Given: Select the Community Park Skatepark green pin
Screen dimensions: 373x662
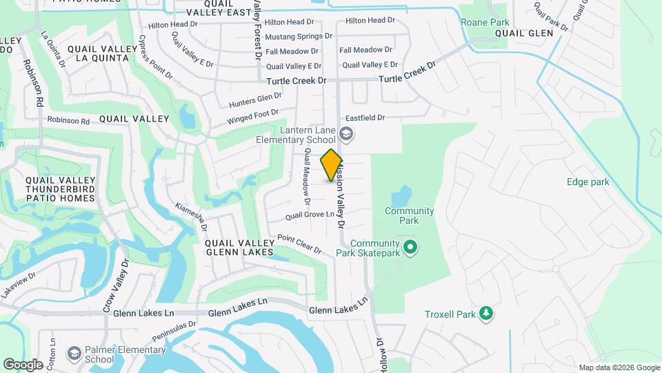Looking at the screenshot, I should point(410,246).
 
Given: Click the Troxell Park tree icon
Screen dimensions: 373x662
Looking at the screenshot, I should point(487,314).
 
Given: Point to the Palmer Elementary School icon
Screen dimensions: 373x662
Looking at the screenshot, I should point(73,354).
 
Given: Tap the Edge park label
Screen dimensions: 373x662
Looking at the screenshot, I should point(588,182).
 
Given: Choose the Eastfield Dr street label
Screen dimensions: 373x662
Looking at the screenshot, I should point(364,118).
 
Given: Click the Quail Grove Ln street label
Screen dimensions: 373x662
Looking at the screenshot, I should point(314,216).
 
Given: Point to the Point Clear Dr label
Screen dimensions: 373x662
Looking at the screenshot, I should point(299,243).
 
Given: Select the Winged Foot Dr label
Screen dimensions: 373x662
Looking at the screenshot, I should point(253,117).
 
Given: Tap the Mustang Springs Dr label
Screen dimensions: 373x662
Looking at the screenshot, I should point(299,36).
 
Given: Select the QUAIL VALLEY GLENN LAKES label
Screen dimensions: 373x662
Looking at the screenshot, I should point(240,248).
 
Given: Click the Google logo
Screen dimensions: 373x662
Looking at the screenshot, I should point(23,364).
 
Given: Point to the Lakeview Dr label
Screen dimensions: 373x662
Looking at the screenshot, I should point(18,284).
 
